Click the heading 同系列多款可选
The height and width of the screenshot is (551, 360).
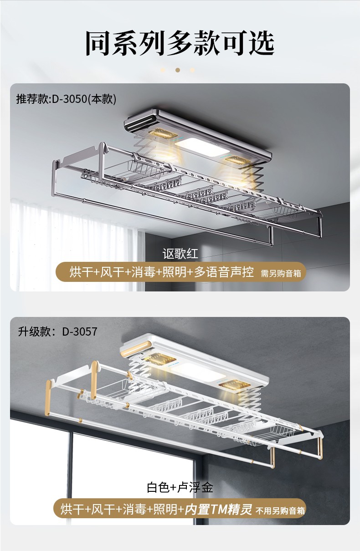[180, 43]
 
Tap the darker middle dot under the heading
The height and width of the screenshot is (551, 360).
[178, 70]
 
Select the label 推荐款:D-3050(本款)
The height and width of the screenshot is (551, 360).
[66, 99]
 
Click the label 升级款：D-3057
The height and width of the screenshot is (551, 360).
[57, 332]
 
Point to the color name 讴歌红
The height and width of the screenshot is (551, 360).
[180, 254]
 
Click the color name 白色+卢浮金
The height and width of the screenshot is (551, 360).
[180, 488]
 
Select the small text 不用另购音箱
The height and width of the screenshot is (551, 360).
[280, 510]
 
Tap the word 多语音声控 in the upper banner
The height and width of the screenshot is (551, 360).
[224, 273]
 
